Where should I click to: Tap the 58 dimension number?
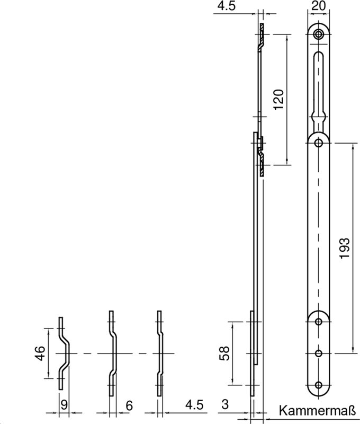(224, 353)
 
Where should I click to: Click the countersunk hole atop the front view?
(319, 34)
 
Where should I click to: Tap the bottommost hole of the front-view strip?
(319, 385)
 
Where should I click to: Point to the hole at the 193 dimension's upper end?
(319, 142)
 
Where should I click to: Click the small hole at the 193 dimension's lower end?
(319, 353)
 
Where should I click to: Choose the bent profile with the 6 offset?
(113, 353)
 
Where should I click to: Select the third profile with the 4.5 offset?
(159, 353)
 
